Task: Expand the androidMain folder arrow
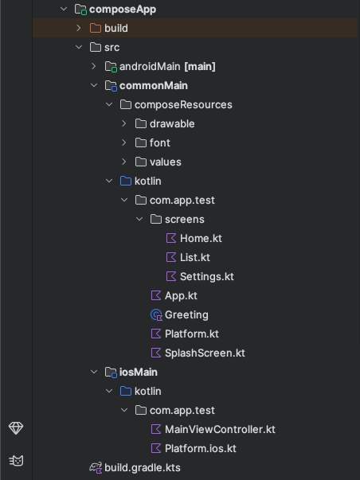pos(94,66)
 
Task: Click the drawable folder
pos(172,123)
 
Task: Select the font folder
pos(159,142)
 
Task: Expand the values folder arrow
pos(124,162)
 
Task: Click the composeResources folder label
pos(183,105)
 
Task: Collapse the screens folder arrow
pos(139,219)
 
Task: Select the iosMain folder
pos(138,373)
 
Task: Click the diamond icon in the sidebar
pos(16,428)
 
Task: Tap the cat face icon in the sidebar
pos(16,460)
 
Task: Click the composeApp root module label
pos(123,10)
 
